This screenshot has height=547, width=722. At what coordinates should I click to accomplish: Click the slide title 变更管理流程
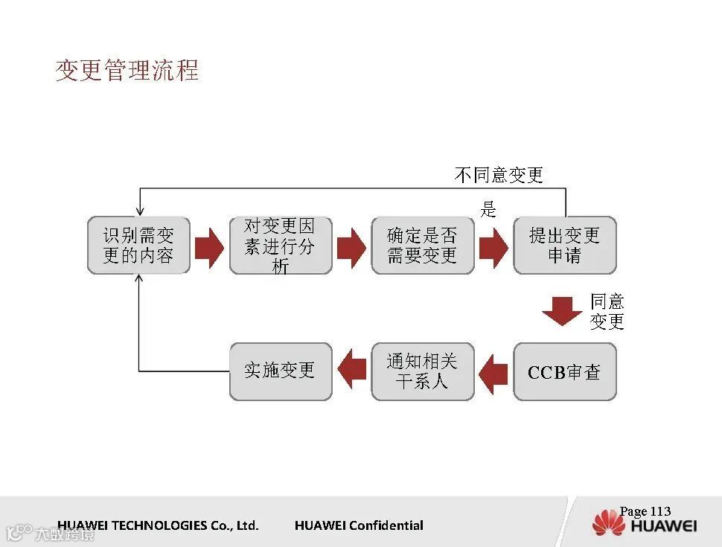click(127, 70)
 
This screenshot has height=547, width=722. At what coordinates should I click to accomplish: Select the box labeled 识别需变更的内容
click(138, 246)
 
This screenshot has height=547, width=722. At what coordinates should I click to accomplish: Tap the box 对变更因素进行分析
click(281, 246)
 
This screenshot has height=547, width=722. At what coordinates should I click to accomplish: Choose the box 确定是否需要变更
click(422, 246)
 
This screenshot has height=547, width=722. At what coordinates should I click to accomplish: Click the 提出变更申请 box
click(564, 246)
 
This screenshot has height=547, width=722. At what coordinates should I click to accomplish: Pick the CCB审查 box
click(564, 372)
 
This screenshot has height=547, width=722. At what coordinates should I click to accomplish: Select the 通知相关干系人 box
click(422, 372)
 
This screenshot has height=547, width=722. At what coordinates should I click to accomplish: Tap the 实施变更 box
click(281, 372)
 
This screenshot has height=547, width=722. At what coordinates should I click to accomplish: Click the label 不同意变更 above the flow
click(499, 175)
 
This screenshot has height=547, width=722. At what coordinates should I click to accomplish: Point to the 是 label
click(488, 209)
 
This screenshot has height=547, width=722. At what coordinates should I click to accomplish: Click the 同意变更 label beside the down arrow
click(607, 312)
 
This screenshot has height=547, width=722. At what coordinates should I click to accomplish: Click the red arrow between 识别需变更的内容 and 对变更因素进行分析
click(209, 247)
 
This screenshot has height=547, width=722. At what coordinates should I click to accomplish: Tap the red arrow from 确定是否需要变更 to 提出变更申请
click(493, 247)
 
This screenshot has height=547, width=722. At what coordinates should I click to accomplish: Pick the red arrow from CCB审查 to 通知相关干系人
click(493, 373)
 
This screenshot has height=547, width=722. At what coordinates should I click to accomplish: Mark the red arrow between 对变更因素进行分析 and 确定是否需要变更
click(351, 247)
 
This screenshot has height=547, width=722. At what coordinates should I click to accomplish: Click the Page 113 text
click(645, 511)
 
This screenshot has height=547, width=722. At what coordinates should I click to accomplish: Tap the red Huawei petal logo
click(608, 523)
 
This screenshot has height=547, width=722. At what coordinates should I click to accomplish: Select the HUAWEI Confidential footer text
click(359, 525)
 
